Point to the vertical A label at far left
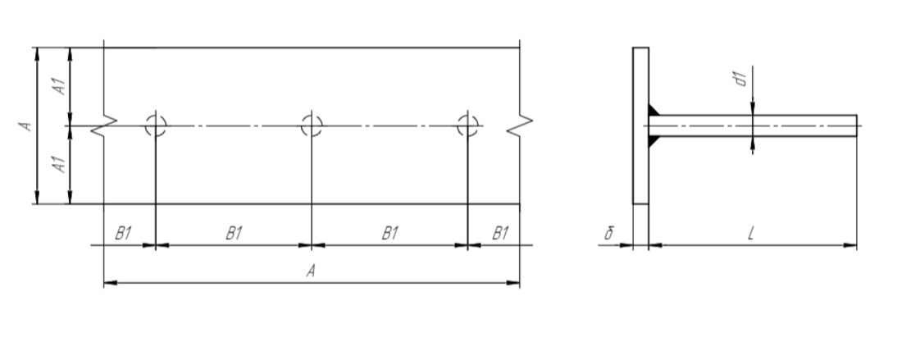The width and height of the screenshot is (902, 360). (x=26, y=126)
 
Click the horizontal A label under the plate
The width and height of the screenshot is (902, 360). (x=311, y=271)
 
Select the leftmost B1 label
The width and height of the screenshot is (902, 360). (x=124, y=233)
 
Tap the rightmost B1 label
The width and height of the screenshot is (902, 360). (x=500, y=233)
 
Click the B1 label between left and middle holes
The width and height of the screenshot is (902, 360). (x=234, y=233)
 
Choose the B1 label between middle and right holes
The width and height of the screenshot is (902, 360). (x=390, y=233)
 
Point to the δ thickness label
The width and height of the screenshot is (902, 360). (x=609, y=233)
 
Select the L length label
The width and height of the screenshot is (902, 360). (x=750, y=233)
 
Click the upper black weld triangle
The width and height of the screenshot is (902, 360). (x=653, y=111)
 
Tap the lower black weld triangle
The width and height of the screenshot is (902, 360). (x=653, y=141)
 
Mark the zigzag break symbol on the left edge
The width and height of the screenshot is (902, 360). (x=104, y=126)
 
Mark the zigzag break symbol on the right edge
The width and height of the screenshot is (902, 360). (x=519, y=126)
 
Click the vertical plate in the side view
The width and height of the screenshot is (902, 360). (x=641, y=126)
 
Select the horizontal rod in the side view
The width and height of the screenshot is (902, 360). (x=753, y=126)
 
